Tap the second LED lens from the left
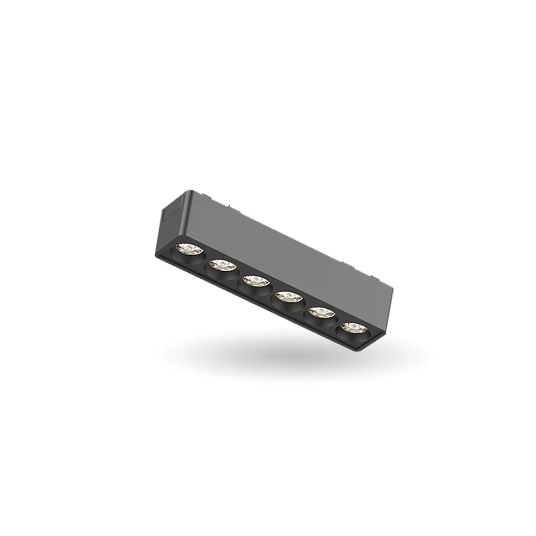point(221,264)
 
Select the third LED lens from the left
point(255,280)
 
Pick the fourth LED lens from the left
point(287,295)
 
